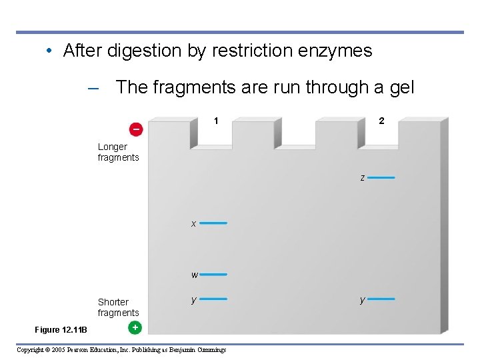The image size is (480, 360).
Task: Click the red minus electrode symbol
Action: [136, 128]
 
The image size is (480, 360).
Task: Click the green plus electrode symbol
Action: [135, 327]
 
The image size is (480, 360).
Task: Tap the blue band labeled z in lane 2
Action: [381, 178]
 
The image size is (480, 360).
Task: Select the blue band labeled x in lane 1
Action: [213, 223]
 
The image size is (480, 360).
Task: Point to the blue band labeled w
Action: [213, 274]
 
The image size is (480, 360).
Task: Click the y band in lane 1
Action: [213, 299]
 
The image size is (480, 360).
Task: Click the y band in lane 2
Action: [381, 299]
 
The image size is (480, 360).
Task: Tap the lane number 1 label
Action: [216, 121]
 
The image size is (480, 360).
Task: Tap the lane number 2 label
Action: [381, 121]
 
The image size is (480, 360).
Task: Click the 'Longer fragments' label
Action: [118, 152]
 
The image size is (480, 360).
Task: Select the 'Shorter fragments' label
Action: [118, 307]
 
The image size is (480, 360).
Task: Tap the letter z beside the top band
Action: [362, 179]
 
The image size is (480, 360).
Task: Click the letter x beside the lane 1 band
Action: [193, 224]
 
